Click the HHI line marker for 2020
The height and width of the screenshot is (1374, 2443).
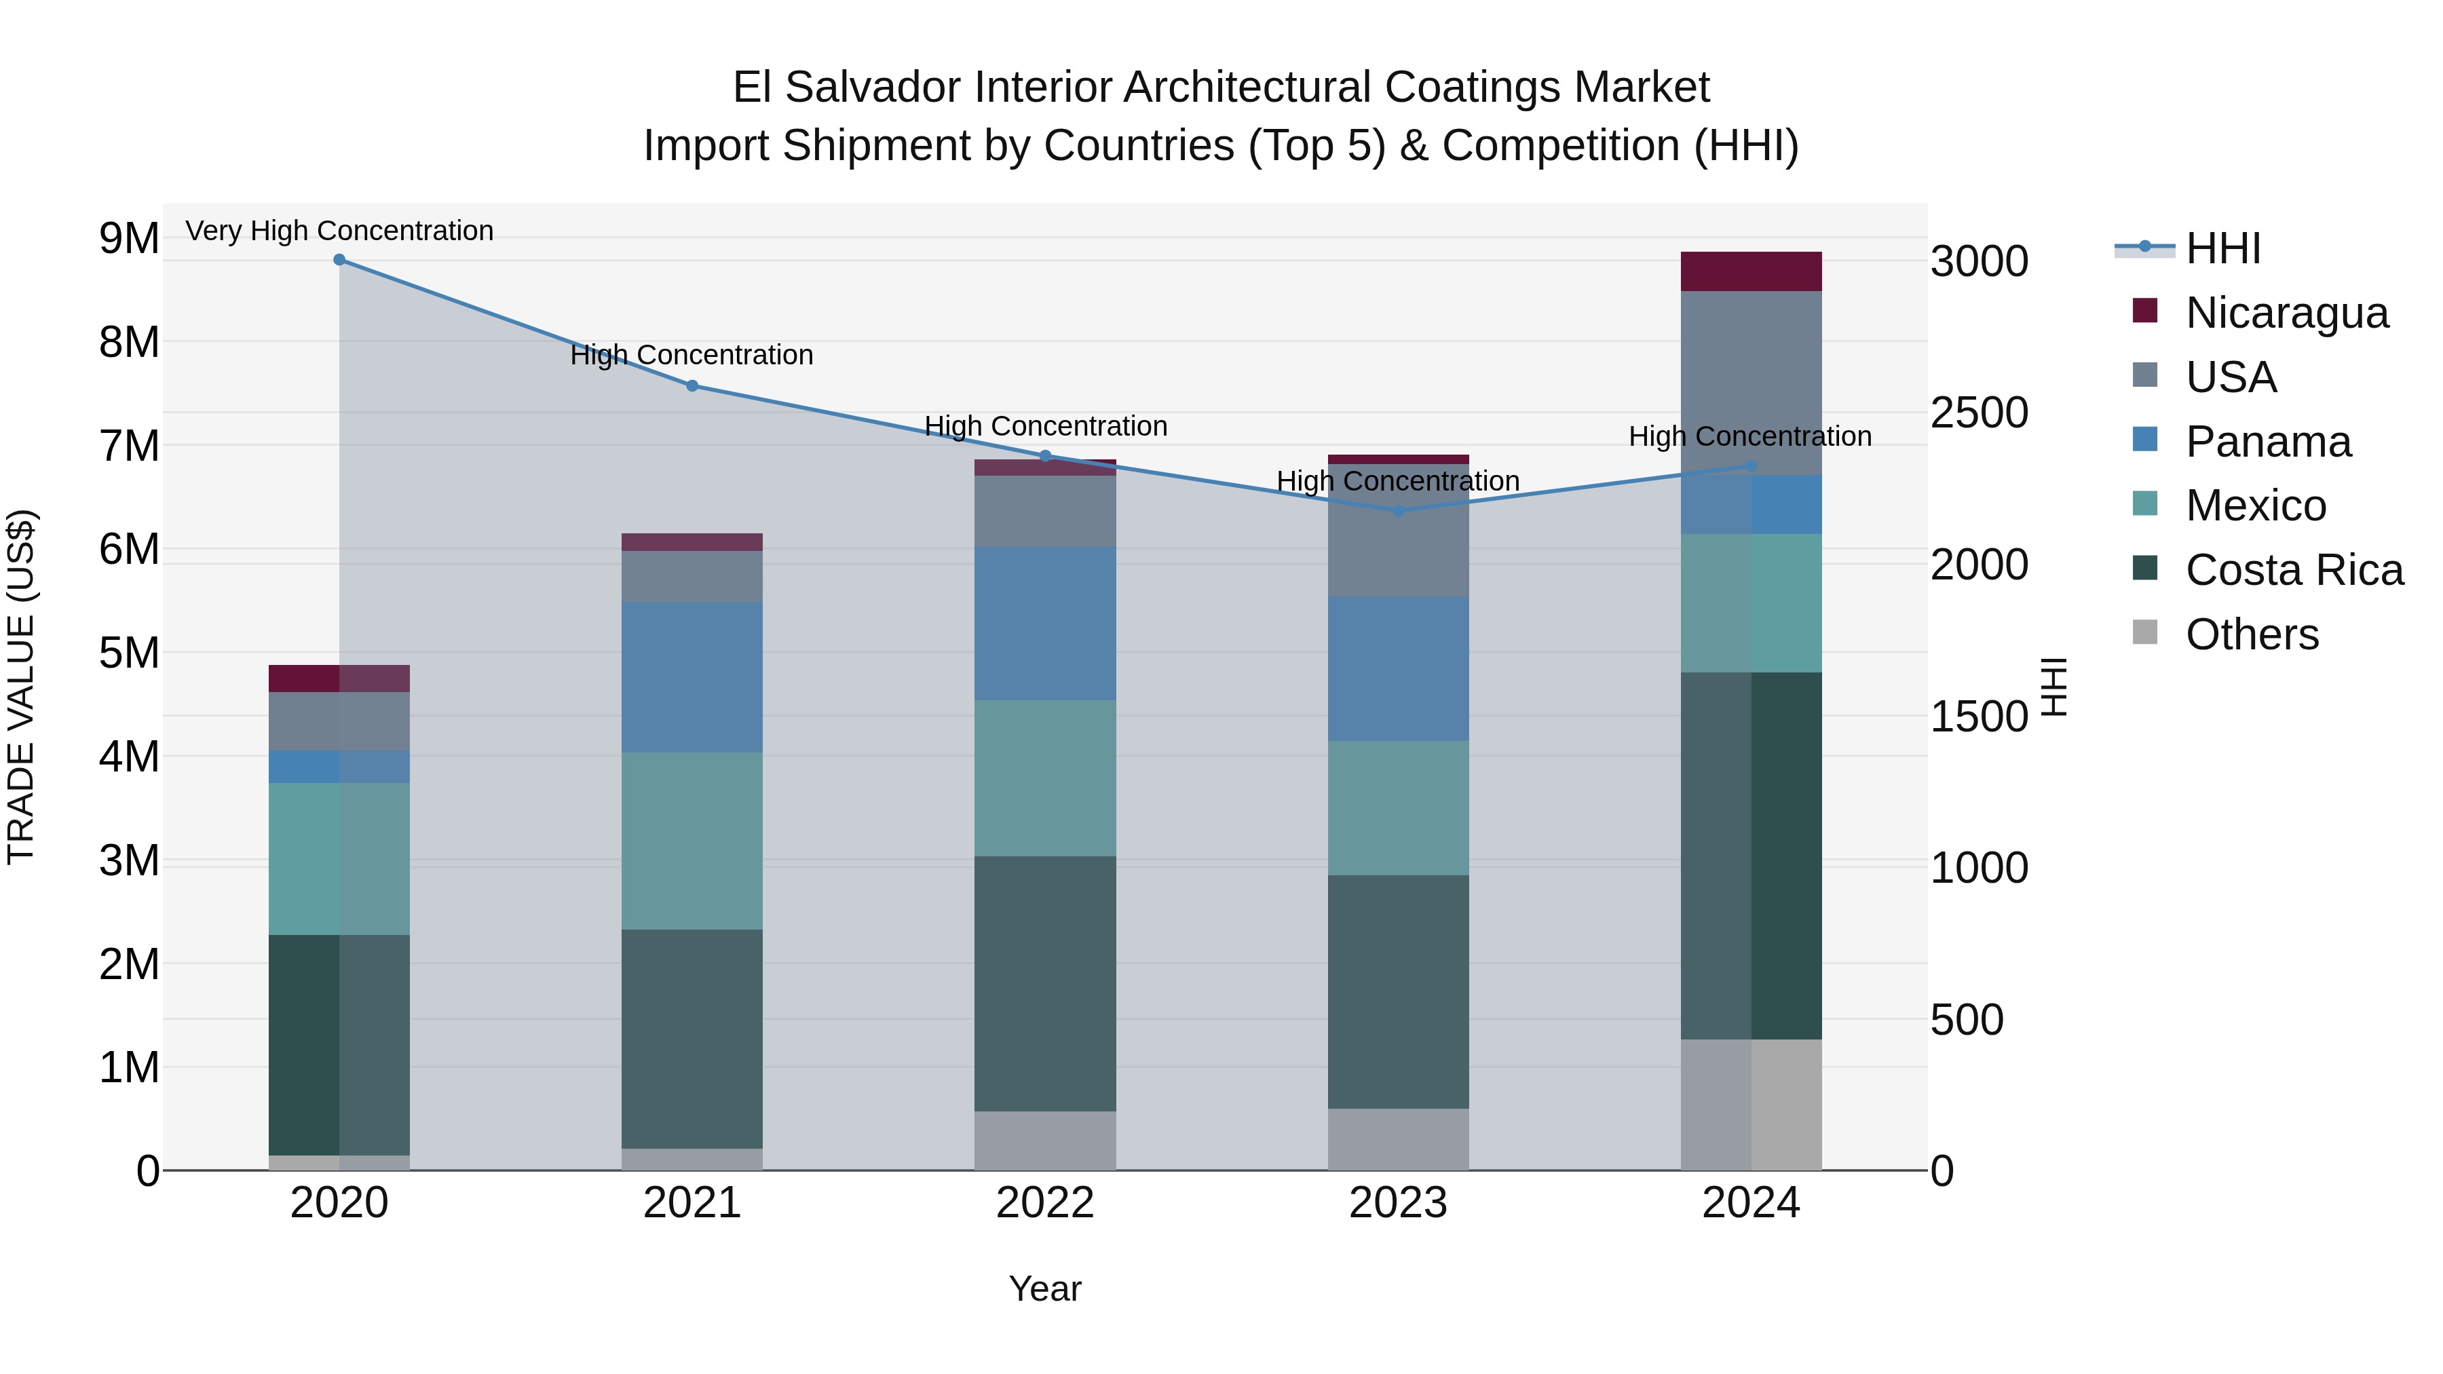tap(339, 260)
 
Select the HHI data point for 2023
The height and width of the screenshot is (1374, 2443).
tap(1398, 511)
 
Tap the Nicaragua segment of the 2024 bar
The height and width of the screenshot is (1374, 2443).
tap(1751, 271)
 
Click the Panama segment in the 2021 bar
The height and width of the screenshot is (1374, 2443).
tap(692, 677)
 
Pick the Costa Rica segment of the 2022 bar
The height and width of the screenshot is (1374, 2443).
tap(1045, 983)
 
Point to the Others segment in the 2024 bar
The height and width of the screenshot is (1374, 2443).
tap(1751, 1105)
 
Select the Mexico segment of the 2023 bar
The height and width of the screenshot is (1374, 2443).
tap(1398, 808)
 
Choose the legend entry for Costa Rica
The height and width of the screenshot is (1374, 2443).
tap(2293, 570)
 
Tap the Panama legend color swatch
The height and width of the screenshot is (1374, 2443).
tap(2144, 440)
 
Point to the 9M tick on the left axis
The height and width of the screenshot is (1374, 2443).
tap(129, 238)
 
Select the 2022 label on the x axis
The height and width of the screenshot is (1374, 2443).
tap(1045, 1203)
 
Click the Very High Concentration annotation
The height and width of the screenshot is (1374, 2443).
tap(339, 231)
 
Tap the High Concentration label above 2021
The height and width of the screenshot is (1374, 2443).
tap(692, 355)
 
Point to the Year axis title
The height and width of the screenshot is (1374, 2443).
tap(1045, 1289)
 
